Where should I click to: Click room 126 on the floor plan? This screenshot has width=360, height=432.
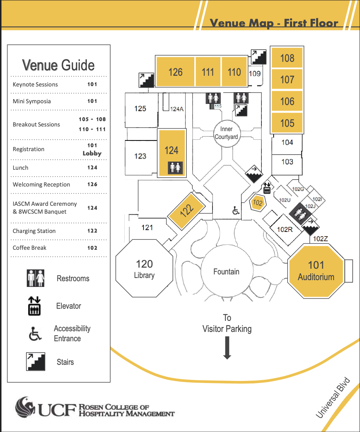[x=175, y=72]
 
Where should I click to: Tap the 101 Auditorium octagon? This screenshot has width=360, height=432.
[x=316, y=271]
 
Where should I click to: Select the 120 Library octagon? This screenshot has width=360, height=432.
[x=144, y=268]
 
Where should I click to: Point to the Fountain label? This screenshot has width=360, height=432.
[x=226, y=272]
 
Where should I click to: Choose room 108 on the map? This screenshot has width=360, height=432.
[x=287, y=58]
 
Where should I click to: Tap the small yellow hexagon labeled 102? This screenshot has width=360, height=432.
[x=257, y=203]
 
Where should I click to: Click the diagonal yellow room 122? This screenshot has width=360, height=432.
[x=186, y=211]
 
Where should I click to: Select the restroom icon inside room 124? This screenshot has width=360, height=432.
[x=175, y=168]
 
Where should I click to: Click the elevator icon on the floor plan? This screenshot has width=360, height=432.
[x=267, y=188]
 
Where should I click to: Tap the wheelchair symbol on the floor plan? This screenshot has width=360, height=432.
[x=236, y=210]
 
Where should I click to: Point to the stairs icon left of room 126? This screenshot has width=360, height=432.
[x=146, y=80]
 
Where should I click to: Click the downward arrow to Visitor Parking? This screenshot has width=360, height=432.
[x=227, y=348]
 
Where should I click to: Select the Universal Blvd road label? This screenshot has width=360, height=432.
[x=333, y=397]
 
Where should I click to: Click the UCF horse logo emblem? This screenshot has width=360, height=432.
[x=25, y=407]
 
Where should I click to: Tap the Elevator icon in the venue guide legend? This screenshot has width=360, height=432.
[x=34, y=306]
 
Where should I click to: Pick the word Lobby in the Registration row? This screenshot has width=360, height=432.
[x=92, y=153]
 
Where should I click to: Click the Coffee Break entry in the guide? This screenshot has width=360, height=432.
[x=29, y=248]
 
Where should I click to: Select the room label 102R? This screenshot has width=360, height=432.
[x=285, y=229]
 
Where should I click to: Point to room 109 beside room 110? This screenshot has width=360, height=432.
[x=255, y=74]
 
